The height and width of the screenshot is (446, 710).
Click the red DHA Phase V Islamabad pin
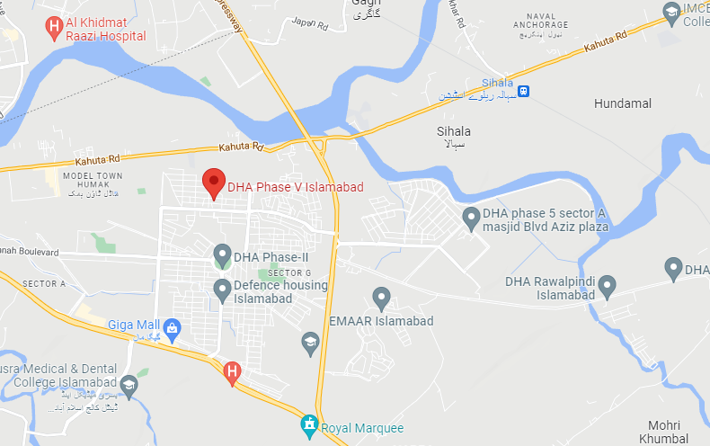214,182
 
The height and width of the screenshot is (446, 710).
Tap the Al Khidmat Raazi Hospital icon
55,25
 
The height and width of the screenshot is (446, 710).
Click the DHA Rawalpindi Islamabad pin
608,286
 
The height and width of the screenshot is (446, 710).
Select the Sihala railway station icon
523,90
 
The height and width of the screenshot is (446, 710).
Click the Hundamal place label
622,104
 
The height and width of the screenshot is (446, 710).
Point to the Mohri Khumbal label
667,431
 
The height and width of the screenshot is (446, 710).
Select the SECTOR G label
288,272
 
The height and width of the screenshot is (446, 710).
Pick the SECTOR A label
44,283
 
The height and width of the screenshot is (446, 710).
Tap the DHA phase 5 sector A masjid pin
470,217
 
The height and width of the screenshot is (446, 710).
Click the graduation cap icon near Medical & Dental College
129,385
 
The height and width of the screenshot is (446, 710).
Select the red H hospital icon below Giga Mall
232,370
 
